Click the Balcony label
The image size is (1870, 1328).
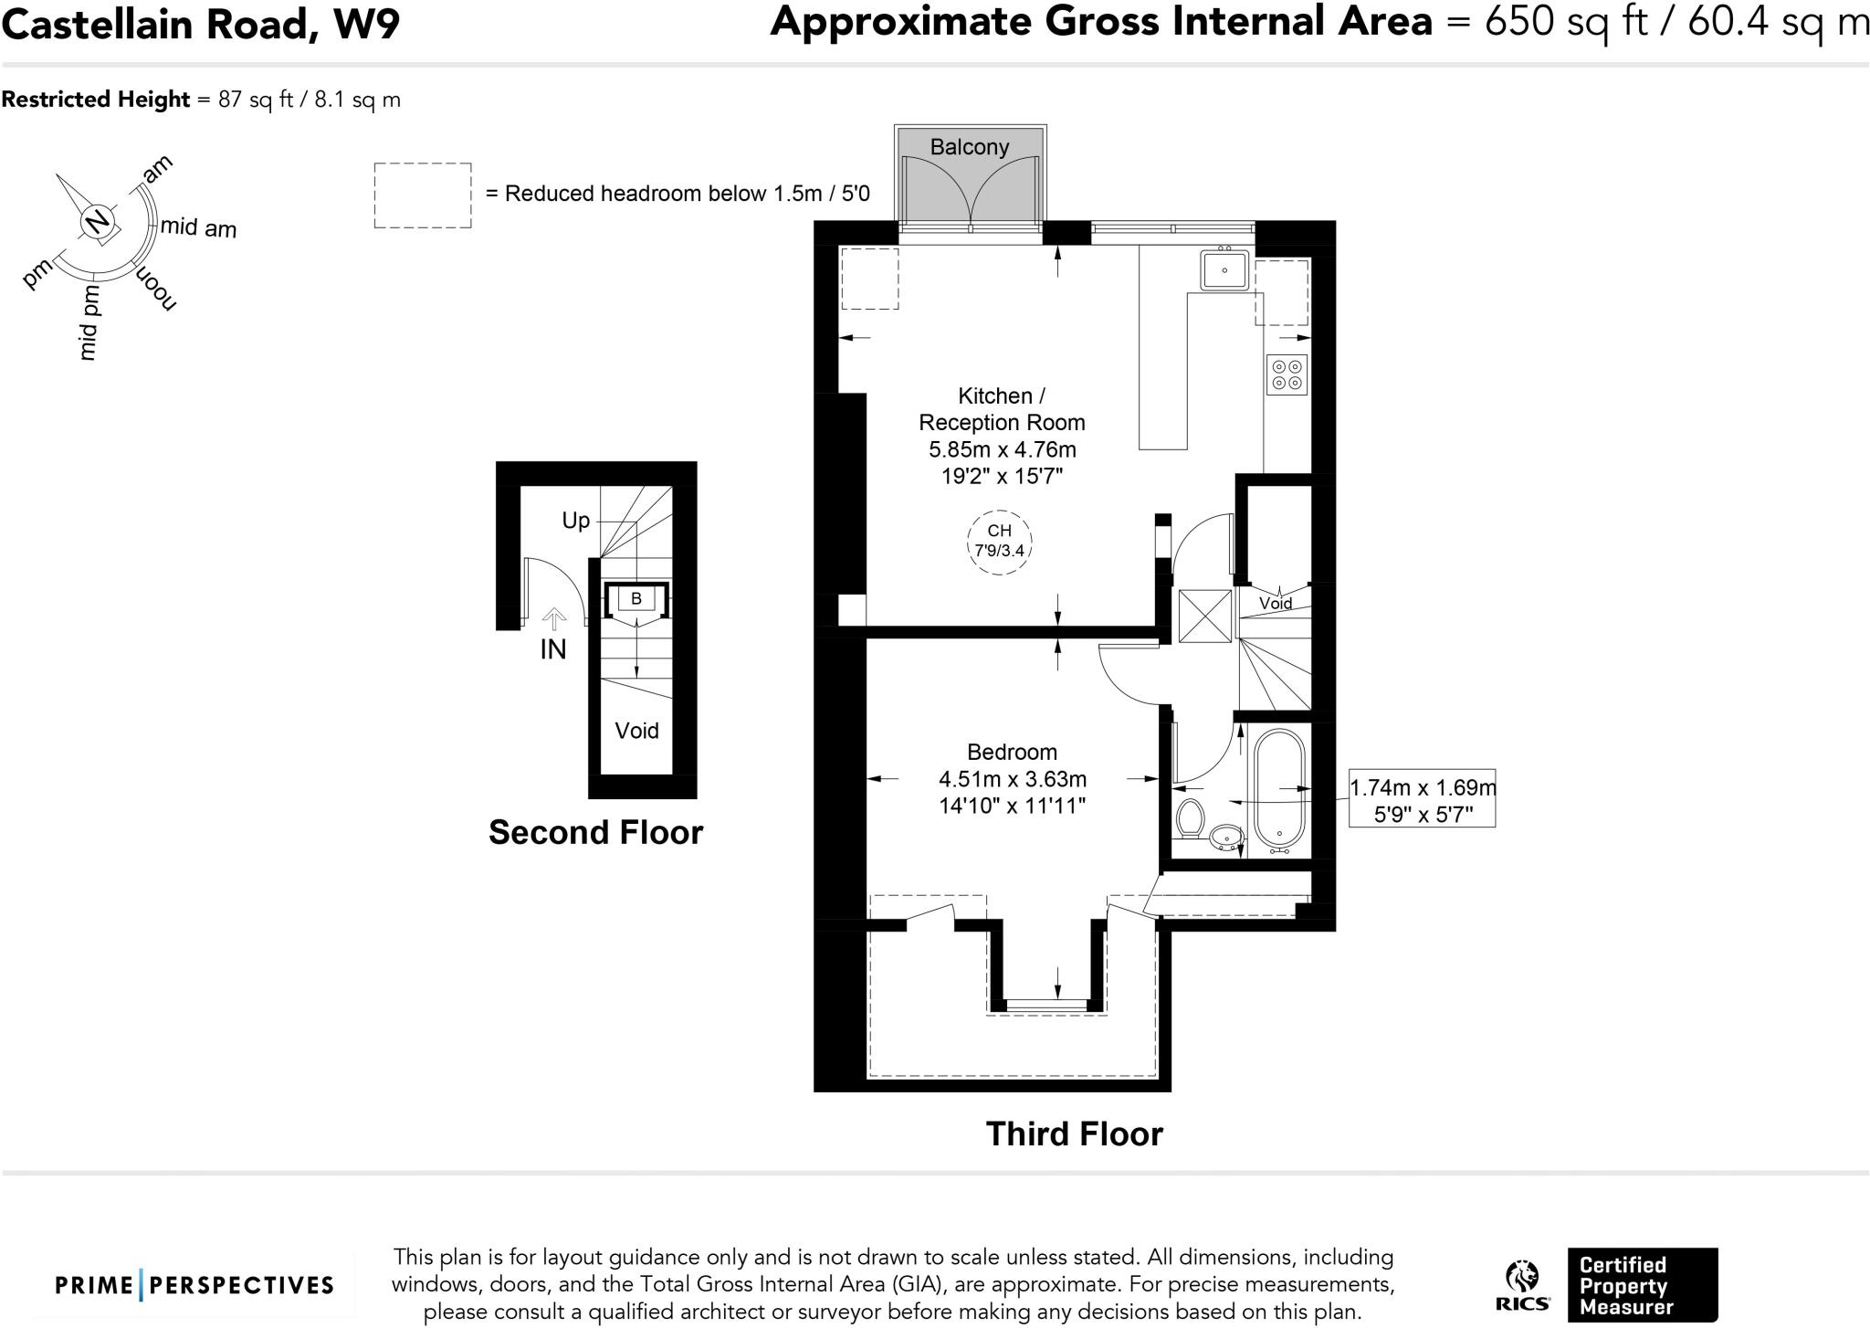[x=969, y=146]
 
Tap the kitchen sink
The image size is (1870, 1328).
[x=1224, y=269]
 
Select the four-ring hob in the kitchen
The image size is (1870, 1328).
[x=1287, y=374]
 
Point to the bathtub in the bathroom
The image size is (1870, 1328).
[x=1280, y=787]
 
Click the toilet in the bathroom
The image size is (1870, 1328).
[x=1190, y=818]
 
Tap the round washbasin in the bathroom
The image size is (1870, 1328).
[x=1226, y=835]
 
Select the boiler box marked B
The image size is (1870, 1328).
[x=636, y=599]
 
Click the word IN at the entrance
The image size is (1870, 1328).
[x=553, y=649]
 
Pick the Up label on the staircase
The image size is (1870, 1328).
[x=575, y=521]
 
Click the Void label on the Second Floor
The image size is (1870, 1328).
[x=636, y=731]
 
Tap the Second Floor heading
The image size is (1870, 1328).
[x=595, y=832]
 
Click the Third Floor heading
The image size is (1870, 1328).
[x=1074, y=1133]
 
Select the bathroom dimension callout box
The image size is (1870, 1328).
[x=1422, y=798]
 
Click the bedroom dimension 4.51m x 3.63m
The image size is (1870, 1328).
[x=1013, y=779]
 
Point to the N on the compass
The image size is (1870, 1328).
[x=97, y=221]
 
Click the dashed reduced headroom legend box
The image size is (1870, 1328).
[x=423, y=195]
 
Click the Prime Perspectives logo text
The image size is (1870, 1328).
[x=194, y=1285]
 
